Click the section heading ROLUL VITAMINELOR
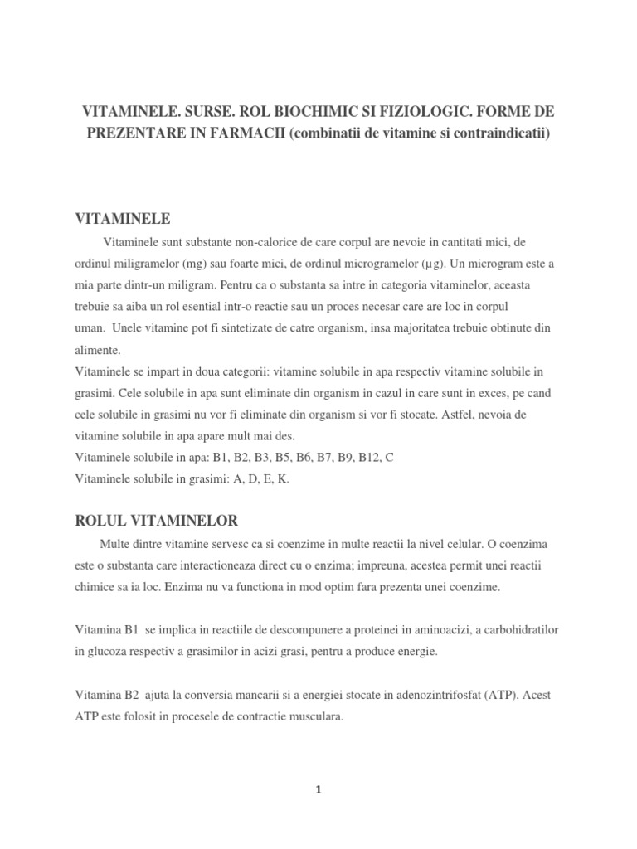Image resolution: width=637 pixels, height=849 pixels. click(x=156, y=521)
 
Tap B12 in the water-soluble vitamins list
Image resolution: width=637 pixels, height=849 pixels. click(x=357, y=458)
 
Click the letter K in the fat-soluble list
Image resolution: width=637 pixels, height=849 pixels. click(x=284, y=479)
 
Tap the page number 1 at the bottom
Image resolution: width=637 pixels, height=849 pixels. click(x=318, y=790)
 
